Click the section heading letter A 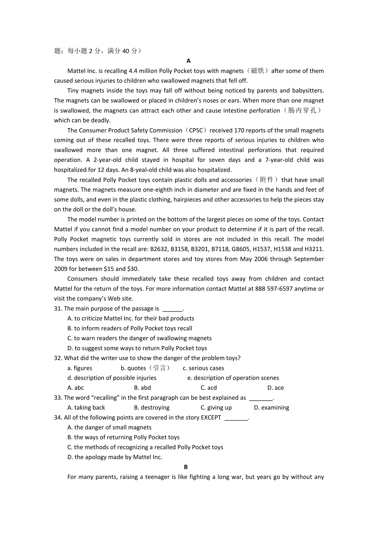pyautogui.click(x=189, y=61)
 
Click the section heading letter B pyautogui.click(x=186, y=467)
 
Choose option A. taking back pyautogui.click(x=86, y=408)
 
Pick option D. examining pyautogui.click(x=271, y=408)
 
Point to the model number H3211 pyautogui.click(x=314, y=249)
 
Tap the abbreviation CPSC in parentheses pyautogui.click(x=196, y=130)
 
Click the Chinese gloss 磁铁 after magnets pyautogui.click(x=258, y=71)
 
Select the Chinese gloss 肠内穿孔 pyautogui.click(x=303, y=110)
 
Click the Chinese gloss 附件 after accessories pyautogui.click(x=267, y=180)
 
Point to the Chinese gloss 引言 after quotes pyautogui.click(x=159, y=368)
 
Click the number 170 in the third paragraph pyautogui.click(x=239, y=130)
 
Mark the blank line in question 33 pyautogui.click(x=261, y=398)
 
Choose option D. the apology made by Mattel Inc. pyautogui.click(x=115, y=457)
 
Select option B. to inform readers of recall pyautogui.click(x=129, y=328)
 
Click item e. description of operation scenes pyautogui.click(x=233, y=378)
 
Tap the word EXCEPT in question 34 pyautogui.click(x=211, y=417)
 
